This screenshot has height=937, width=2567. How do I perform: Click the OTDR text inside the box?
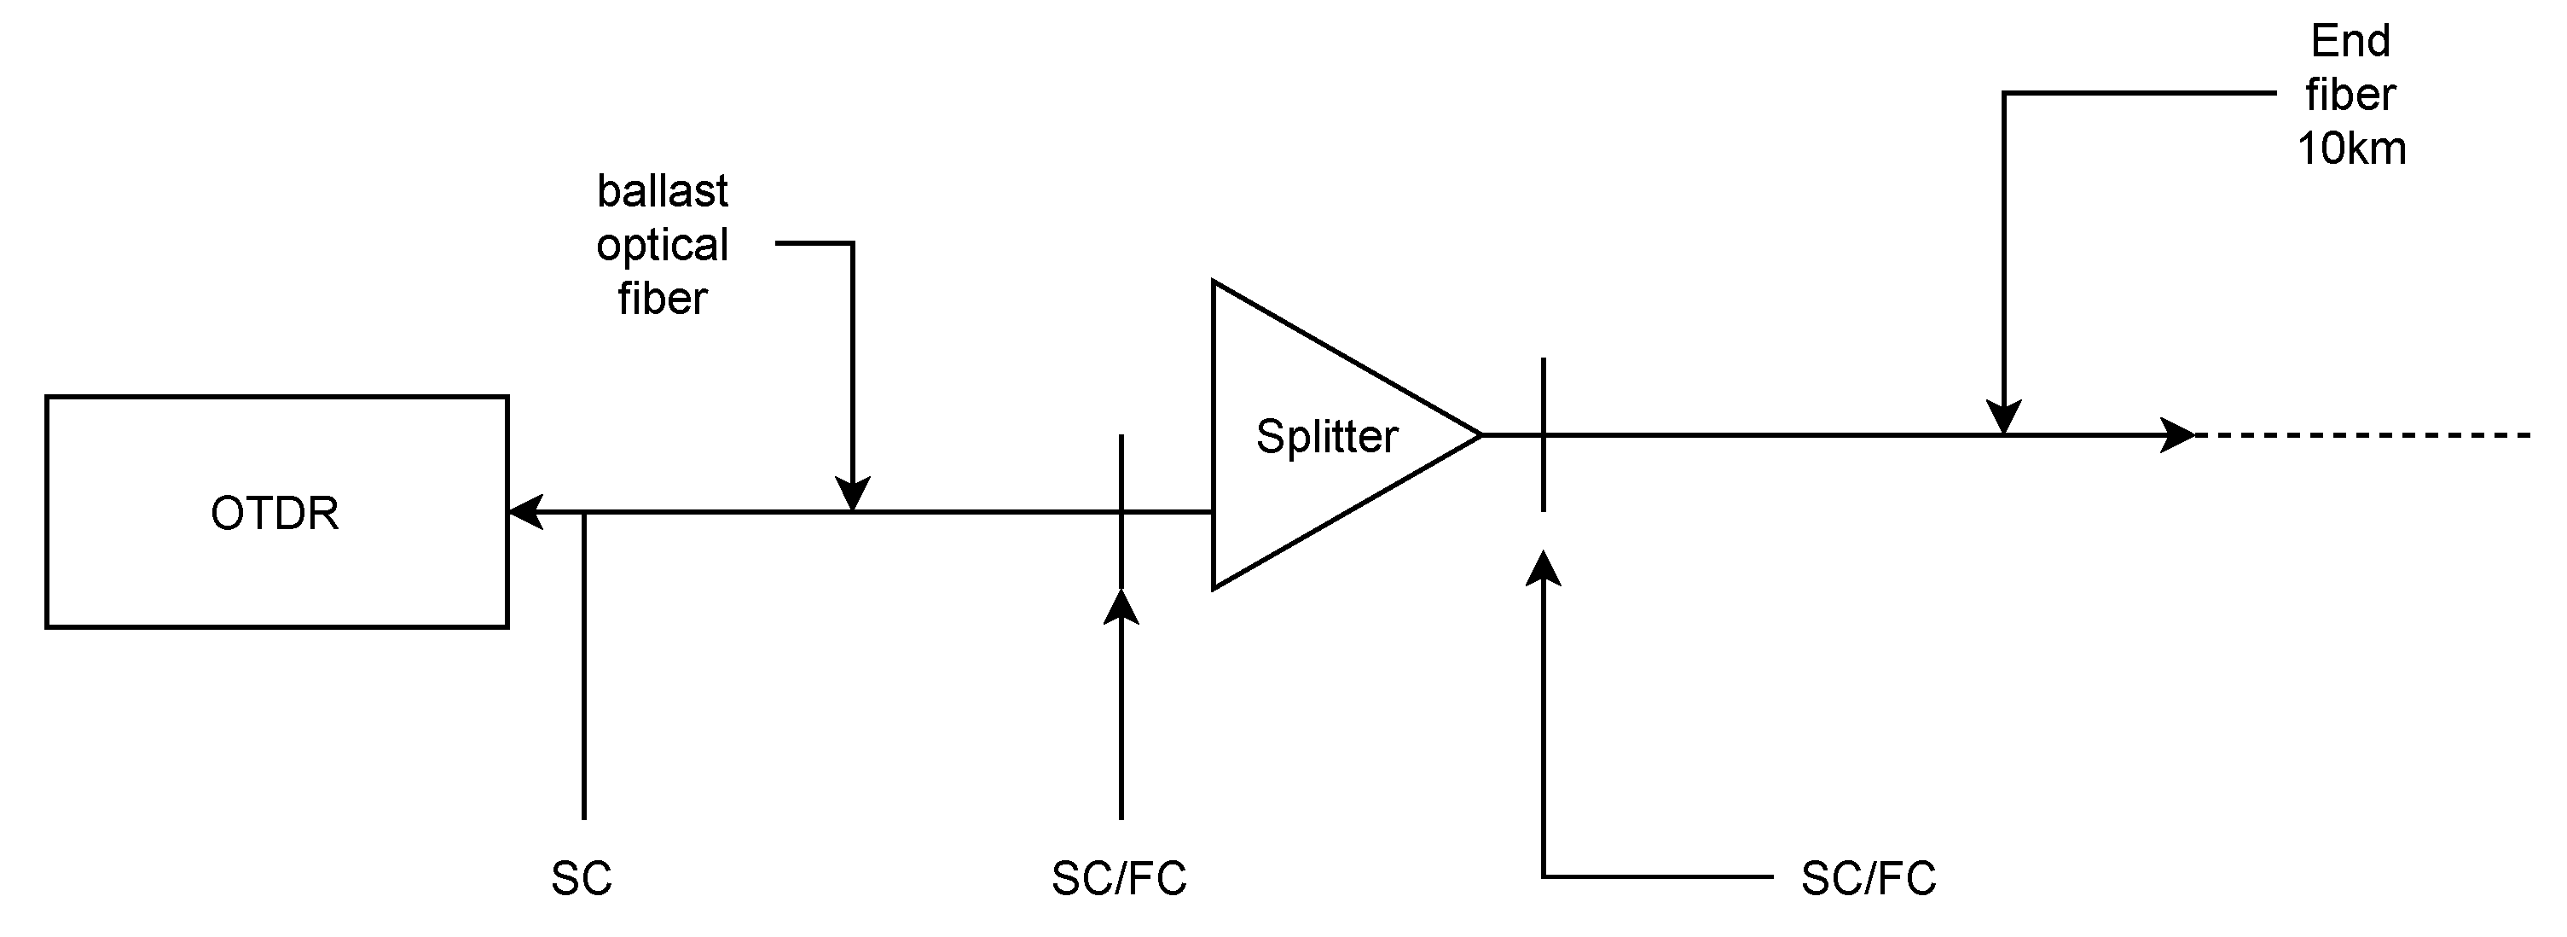[x=274, y=514]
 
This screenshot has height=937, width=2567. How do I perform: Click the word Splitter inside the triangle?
[x=1326, y=437]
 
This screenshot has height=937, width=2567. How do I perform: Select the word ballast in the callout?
[x=662, y=190]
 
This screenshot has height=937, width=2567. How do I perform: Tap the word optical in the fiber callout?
[x=662, y=245]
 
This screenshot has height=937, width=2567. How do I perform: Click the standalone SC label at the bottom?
[x=581, y=878]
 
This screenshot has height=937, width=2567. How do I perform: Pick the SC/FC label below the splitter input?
[x=1119, y=878]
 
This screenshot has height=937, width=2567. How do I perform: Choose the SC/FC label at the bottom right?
[x=1869, y=878]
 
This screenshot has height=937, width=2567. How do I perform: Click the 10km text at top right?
[x=2350, y=148]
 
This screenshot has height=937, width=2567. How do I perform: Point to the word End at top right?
[x=2350, y=42]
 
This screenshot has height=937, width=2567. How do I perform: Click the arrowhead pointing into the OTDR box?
[x=524, y=512]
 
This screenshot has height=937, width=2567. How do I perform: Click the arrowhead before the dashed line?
[x=2177, y=435]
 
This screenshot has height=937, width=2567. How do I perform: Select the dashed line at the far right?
[x=2361, y=435]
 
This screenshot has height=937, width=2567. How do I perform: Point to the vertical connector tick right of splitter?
[x=1544, y=399]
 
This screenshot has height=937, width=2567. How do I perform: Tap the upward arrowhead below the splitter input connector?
[x=1121, y=606]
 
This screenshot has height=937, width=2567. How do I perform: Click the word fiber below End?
[x=2350, y=95]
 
